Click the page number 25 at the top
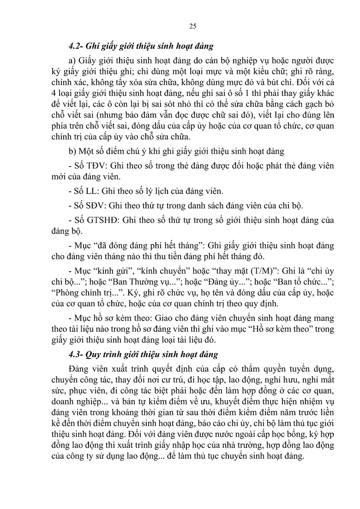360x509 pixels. (192, 26)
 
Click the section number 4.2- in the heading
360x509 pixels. (75, 46)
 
